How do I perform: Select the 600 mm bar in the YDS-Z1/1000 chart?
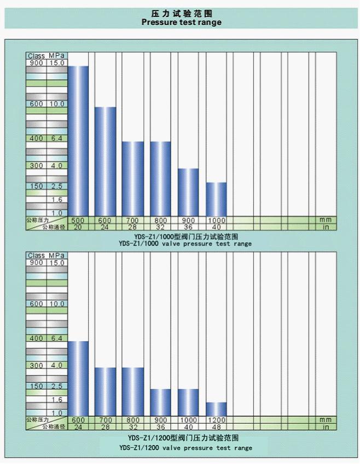coord(105,161)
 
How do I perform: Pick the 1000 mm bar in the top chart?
coord(216,199)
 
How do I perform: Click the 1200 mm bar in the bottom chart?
coord(216,409)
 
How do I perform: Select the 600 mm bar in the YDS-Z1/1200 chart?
coord(78,378)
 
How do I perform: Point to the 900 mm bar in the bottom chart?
coord(161,402)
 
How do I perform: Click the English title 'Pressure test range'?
coord(181,22)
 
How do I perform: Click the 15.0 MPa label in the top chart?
coord(57,63)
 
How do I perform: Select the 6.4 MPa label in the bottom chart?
coord(57,339)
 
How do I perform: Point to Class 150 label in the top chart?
coord(36,186)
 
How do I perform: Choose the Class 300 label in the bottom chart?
coord(36,366)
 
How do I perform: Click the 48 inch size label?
coord(216,426)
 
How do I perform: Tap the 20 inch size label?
coord(78,227)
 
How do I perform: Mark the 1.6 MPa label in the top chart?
coord(57,200)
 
